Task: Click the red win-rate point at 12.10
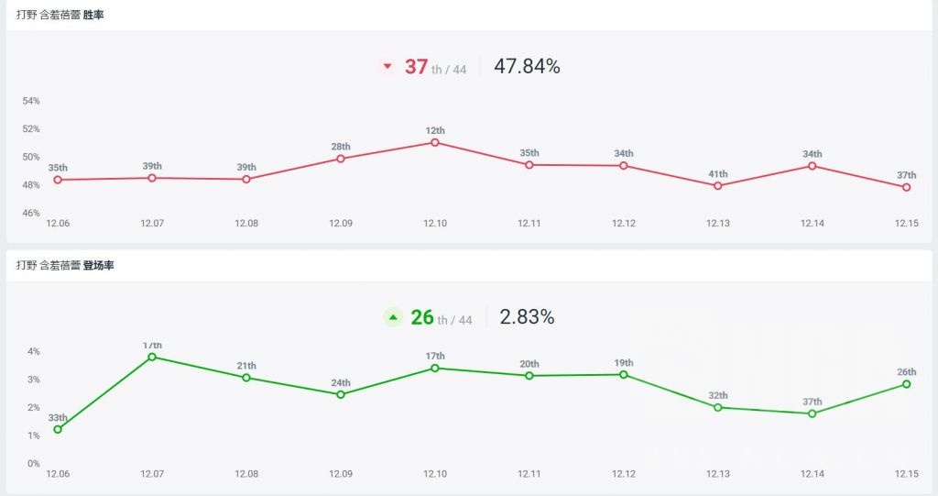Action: click(x=435, y=142)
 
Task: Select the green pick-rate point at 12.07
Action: click(x=152, y=357)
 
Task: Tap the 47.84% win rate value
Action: click(x=527, y=66)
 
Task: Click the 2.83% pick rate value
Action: click(x=527, y=317)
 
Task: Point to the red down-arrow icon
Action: click(x=387, y=66)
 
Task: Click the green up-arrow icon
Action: click(x=393, y=317)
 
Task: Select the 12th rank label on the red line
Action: click(x=435, y=130)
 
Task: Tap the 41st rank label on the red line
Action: click(x=717, y=174)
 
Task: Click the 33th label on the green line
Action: click(x=58, y=418)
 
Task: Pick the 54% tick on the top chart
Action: click(x=31, y=101)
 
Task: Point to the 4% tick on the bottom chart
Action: click(x=33, y=351)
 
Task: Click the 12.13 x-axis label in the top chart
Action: click(x=718, y=223)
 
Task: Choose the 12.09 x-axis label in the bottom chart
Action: click(x=341, y=474)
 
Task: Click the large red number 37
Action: click(x=417, y=67)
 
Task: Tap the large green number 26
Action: click(x=422, y=317)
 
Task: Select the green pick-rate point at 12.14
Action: click(x=813, y=413)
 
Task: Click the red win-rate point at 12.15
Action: click(x=906, y=187)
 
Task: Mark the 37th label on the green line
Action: click(x=813, y=402)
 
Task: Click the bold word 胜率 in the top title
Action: click(x=93, y=15)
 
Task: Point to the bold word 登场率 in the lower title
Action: click(x=98, y=265)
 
